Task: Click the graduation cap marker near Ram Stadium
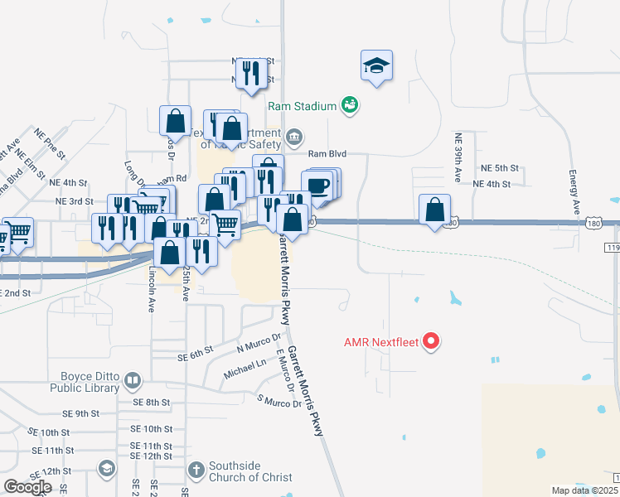pos(376,65)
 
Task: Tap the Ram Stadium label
pos(302,106)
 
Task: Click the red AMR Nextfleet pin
pos(431,341)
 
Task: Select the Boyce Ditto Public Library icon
pos(133,381)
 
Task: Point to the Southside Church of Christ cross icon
pos(196,470)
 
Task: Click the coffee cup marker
pos(318,184)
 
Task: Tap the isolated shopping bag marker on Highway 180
pos(435,210)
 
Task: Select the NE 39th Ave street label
pos(458,157)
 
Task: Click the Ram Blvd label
pos(327,154)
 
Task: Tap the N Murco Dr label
pos(260,345)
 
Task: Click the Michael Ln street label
pos(245,369)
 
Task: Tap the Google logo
pos(27,487)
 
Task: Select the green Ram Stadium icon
pos(350,105)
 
